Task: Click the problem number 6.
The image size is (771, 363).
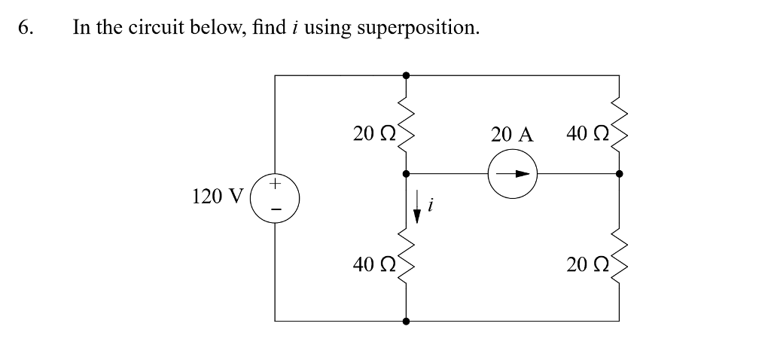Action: click(26, 28)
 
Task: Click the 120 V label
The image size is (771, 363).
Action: click(218, 197)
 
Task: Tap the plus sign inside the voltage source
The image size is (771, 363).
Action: click(275, 183)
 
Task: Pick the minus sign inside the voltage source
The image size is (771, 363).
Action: click(275, 209)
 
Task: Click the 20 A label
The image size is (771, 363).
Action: click(511, 135)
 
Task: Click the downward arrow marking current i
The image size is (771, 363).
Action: click(416, 207)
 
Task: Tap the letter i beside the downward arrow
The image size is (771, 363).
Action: click(430, 205)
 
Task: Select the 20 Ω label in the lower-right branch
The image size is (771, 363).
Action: click(587, 264)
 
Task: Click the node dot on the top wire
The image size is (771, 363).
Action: click(407, 75)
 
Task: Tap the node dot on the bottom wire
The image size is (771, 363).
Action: click(407, 321)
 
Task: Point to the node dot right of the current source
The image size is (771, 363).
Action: click(619, 174)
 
